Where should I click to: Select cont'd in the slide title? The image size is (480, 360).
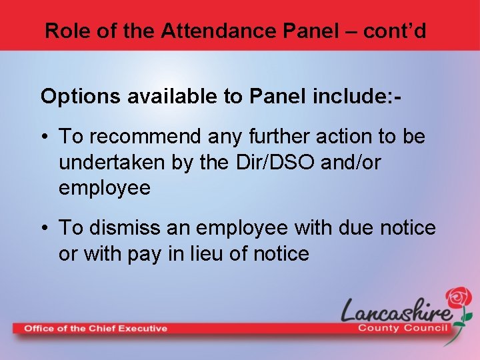point(394,30)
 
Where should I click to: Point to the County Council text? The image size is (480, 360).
point(404,328)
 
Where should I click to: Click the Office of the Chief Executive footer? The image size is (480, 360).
point(96,328)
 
